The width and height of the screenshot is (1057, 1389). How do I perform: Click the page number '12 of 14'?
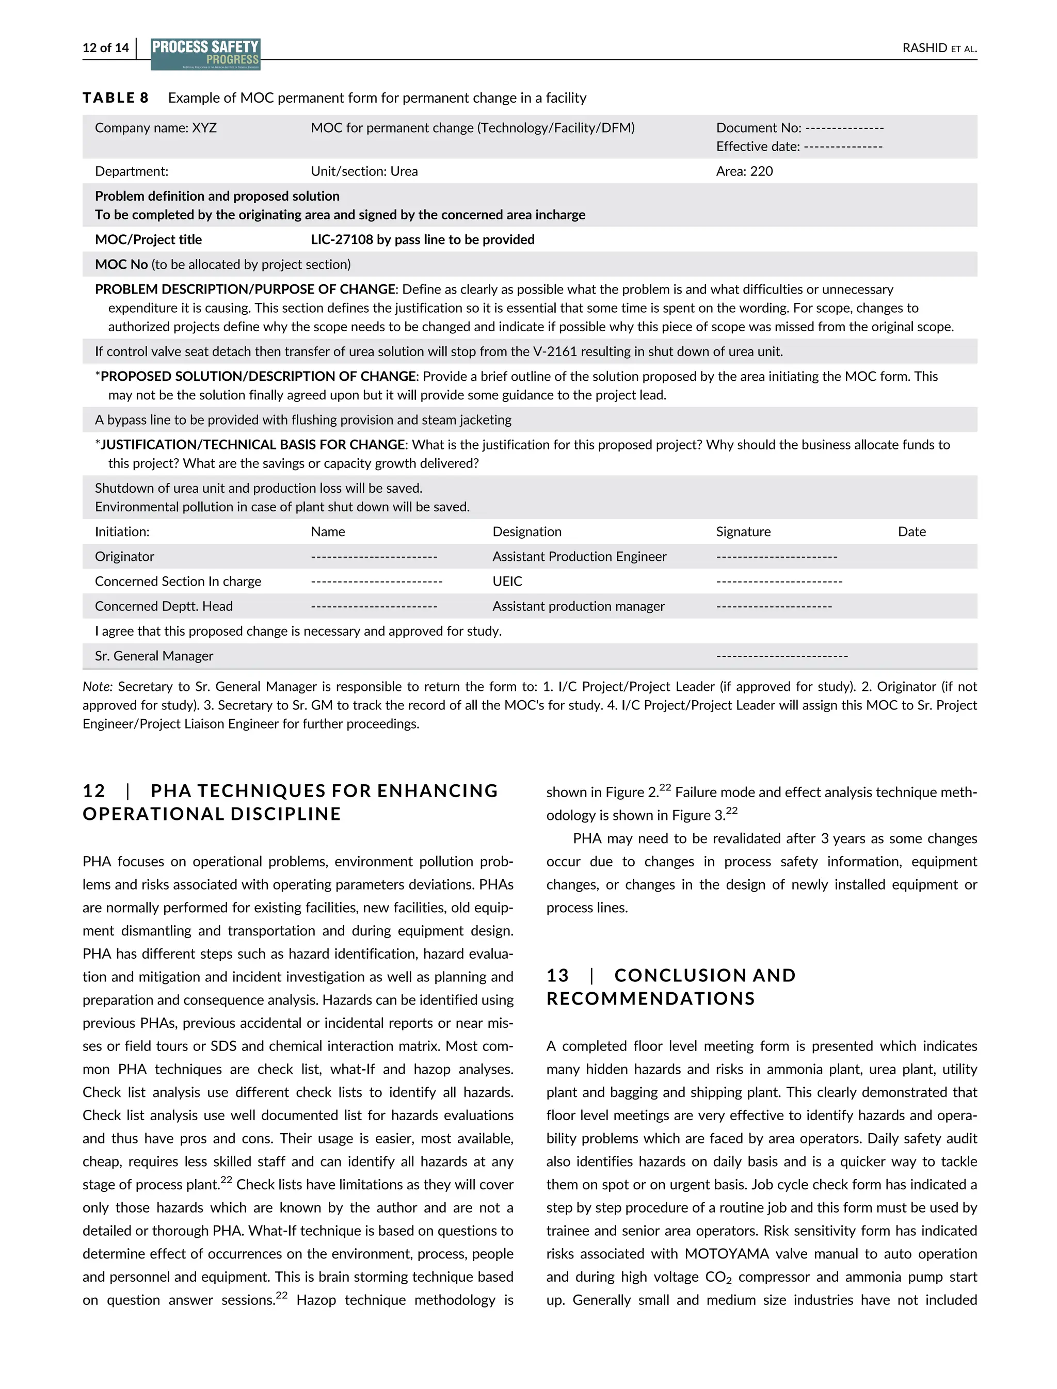pos(105,48)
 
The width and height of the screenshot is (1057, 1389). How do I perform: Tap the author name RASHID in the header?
pos(924,48)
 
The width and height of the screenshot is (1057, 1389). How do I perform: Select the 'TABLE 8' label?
pos(115,98)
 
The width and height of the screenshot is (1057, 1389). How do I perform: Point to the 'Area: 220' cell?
pos(744,171)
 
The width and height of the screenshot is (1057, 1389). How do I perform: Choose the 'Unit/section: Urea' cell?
pos(364,171)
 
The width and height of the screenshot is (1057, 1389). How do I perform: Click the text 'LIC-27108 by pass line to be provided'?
pos(422,240)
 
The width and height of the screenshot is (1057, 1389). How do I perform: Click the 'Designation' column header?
pos(526,531)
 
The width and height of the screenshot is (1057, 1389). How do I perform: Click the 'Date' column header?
pos(911,531)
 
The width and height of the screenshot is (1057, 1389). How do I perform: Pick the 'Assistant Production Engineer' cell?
pos(579,557)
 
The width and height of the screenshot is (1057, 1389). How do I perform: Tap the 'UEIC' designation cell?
pos(507,582)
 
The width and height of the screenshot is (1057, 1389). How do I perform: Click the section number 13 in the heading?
pos(557,976)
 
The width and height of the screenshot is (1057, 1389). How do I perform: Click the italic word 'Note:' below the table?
pos(97,686)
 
